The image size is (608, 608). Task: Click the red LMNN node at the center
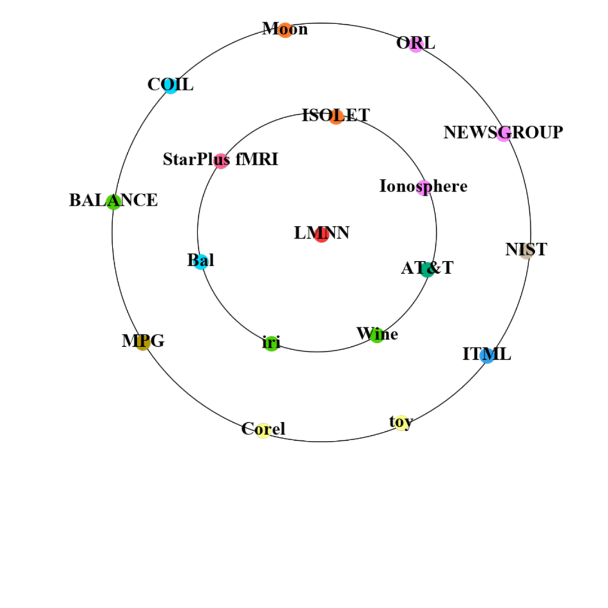tap(321, 235)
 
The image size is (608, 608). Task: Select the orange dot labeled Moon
tap(285, 30)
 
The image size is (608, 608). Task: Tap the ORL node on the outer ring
tap(415, 44)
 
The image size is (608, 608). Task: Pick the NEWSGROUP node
tap(503, 133)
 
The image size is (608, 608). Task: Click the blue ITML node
tap(488, 356)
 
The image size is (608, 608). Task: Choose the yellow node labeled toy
tap(401, 423)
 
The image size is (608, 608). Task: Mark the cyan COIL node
tap(171, 86)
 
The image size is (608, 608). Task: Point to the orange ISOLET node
tap(336, 117)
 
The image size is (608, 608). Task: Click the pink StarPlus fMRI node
tap(221, 161)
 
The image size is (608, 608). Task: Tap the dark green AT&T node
tap(427, 270)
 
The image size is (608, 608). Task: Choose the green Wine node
tap(377, 336)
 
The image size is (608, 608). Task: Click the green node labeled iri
tap(271, 343)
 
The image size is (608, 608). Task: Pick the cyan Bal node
tap(201, 262)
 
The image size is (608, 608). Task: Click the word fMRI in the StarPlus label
tap(257, 159)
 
